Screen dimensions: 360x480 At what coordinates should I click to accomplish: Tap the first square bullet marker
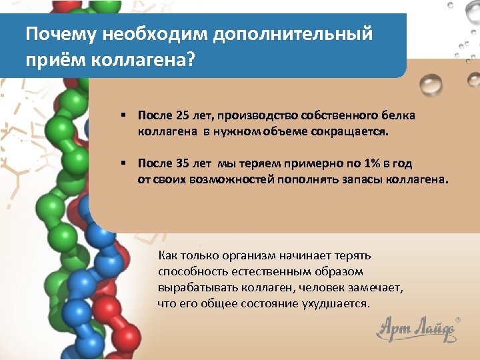pyautogui.click(x=124, y=115)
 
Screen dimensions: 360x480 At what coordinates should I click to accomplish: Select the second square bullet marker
pyautogui.click(x=124, y=163)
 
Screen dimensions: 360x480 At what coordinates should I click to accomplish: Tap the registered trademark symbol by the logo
pyautogui.click(x=457, y=321)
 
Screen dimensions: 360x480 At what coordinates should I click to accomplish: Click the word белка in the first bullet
pyautogui.click(x=400, y=115)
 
